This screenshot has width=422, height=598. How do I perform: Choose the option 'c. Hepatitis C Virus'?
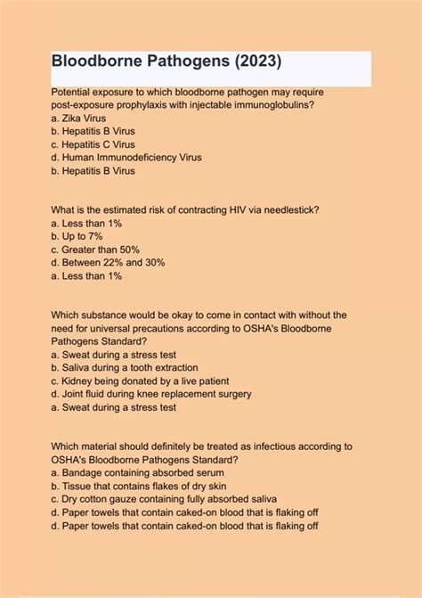[93, 144]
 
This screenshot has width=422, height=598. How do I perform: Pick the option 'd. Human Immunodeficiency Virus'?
[126, 158]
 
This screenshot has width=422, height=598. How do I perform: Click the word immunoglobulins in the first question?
[264, 105]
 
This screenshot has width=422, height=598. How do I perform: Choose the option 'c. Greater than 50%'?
[95, 250]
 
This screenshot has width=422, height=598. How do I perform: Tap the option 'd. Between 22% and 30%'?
[108, 263]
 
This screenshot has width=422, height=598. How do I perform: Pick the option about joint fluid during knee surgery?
[151, 394]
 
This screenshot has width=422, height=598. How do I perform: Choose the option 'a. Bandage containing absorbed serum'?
[138, 472]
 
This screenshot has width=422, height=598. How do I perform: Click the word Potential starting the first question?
[73, 92]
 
